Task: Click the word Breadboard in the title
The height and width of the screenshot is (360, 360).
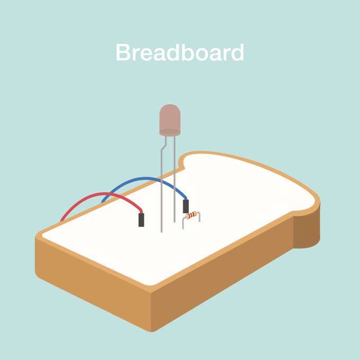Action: (180, 53)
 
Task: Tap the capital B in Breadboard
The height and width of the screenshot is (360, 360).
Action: (123, 53)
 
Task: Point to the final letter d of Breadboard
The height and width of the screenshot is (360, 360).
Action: (237, 53)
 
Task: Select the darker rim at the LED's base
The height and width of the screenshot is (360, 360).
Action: (170, 132)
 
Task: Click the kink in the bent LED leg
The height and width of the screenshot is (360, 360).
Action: (164, 144)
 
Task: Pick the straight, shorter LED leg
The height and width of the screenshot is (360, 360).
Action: (174, 180)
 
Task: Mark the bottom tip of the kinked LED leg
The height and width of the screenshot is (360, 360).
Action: (161, 231)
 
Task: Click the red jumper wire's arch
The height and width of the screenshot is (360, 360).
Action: (106, 196)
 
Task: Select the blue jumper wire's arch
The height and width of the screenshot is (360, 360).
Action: (143, 179)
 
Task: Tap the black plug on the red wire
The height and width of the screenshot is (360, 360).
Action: (141, 219)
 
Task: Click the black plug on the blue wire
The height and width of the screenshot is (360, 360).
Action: (186, 206)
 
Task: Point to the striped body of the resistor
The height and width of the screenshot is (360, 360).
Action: (192, 215)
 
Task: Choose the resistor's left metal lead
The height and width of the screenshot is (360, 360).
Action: (183, 223)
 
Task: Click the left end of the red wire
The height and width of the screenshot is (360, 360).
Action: (62, 220)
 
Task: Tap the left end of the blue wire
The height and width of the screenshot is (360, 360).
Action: (103, 202)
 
